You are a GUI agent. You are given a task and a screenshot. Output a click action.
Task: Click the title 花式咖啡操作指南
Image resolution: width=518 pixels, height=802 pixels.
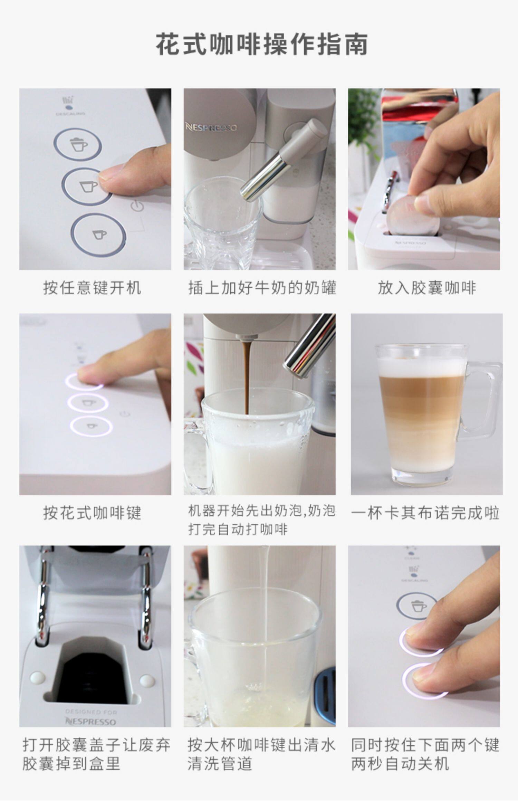tap(261, 44)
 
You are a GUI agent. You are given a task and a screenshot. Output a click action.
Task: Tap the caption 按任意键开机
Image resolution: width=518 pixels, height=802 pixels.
tap(92, 288)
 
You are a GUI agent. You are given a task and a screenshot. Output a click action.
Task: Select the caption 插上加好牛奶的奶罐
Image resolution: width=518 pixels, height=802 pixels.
tap(262, 288)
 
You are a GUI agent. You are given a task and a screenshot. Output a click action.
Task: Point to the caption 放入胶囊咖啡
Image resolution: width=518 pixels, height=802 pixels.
tap(427, 288)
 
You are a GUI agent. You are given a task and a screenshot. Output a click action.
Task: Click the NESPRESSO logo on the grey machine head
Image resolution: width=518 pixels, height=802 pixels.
tap(211, 127)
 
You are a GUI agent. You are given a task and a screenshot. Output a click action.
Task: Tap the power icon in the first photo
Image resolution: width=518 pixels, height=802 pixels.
tap(137, 207)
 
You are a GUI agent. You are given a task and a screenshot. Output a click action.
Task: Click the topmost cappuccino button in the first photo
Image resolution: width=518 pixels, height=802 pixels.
tap(77, 144)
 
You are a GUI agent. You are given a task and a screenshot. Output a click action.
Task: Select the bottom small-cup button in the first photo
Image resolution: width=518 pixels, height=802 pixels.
tap(98, 235)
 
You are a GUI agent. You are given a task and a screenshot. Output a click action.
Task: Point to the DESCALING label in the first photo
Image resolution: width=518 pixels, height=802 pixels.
tap(70, 113)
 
